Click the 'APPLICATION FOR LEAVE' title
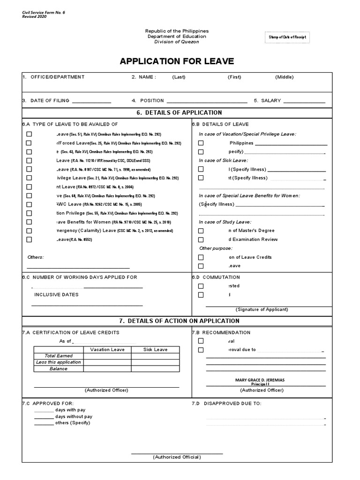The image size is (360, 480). [176, 61]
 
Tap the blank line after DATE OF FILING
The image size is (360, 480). [91, 101]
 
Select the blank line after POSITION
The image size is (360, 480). [207, 101]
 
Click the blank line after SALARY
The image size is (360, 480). [304, 101]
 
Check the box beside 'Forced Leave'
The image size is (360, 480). [30, 143]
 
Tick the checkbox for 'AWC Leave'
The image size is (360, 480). [30, 204]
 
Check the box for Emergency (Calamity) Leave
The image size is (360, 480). [30, 231]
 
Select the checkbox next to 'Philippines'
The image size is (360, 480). [201, 143]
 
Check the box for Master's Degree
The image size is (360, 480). [201, 231]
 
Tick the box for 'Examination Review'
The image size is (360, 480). [201, 240]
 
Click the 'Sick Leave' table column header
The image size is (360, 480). [155, 350]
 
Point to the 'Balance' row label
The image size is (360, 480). [59, 368]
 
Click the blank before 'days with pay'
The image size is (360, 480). [44, 410]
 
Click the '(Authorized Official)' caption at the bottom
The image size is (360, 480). [177, 457]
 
